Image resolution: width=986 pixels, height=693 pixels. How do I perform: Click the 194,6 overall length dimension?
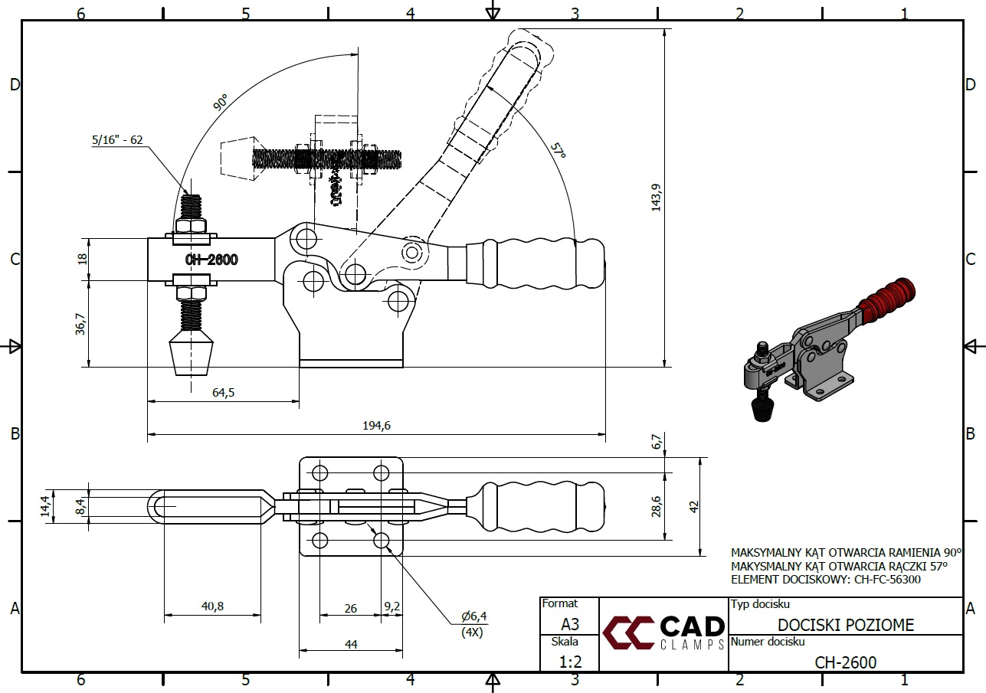pyautogui.click(x=376, y=426)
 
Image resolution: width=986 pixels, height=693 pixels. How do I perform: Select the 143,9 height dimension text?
pyautogui.click(x=656, y=197)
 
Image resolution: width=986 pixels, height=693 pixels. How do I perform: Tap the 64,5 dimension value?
pyautogui.click(x=223, y=392)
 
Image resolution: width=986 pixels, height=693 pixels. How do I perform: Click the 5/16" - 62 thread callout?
pyautogui.click(x=117, y=139)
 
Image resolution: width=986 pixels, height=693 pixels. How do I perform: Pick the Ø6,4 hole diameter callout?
pyautogui.click(x=473, y=616)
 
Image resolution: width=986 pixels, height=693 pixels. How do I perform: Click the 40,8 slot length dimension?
pyautogui.click(x=212, y=606)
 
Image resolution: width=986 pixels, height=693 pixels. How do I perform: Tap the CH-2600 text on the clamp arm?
pyautogui.click(x=211, y=260)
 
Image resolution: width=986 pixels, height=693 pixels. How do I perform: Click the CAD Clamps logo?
pyautogui.click(x=663, y=632)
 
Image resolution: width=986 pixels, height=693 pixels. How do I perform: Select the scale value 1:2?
pyautogui.click(x=569, y=661)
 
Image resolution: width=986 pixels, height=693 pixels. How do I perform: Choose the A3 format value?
pyautogui.click(x=569, y=623)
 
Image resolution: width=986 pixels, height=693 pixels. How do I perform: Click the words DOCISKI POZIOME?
pyautogui.click(x=846, y=625)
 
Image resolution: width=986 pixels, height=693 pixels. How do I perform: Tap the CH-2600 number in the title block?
pyautogui.click(x=845, y=662)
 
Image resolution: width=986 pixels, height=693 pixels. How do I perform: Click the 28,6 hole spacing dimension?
pyautogui.click(x=656, y=506)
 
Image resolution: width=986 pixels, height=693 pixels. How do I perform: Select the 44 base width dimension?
pyautogui.click(x=351, y=644)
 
